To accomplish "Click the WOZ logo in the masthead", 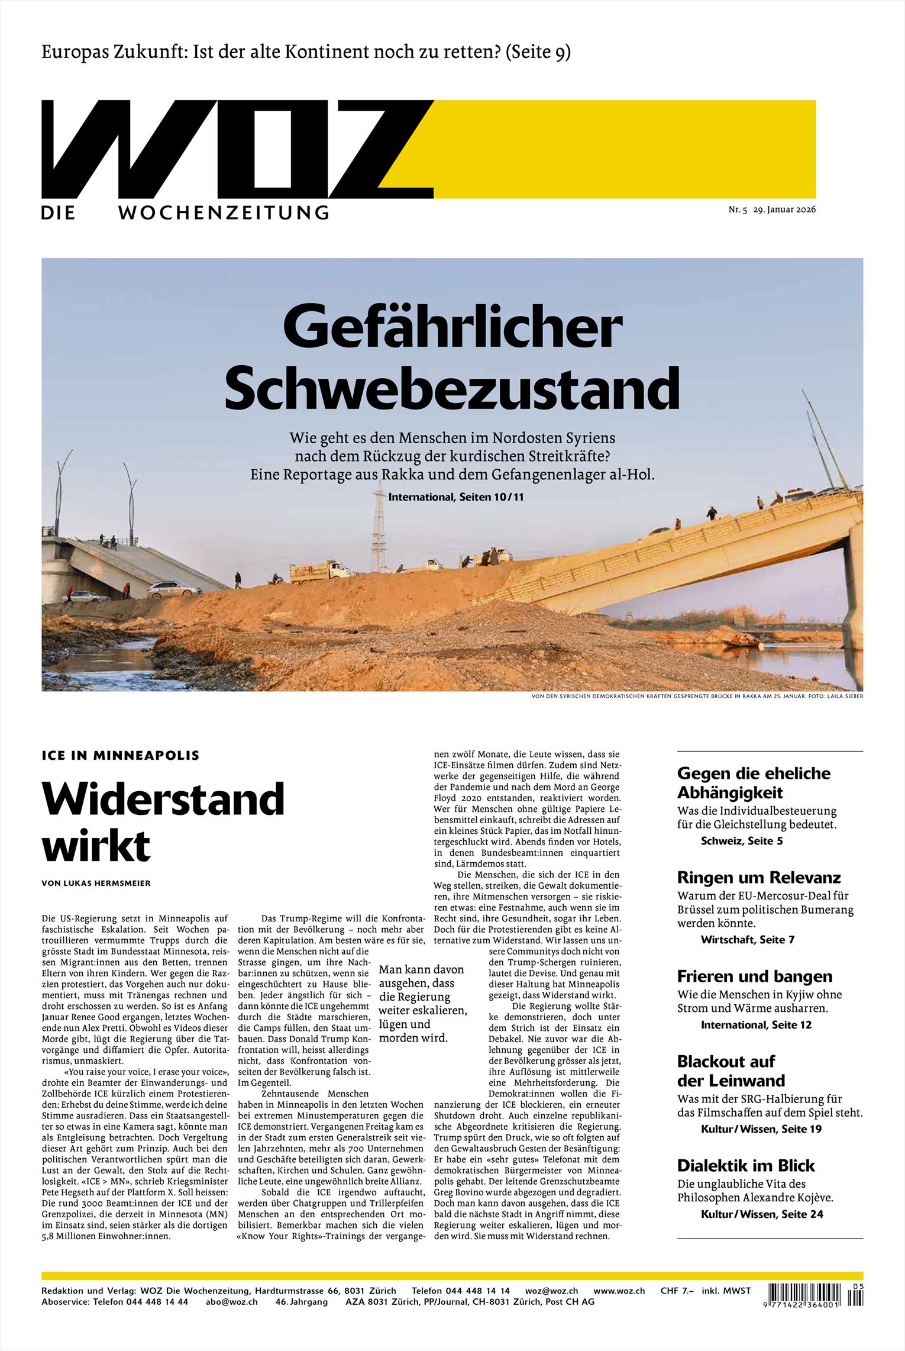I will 237,149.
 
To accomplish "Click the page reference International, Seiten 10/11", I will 456,497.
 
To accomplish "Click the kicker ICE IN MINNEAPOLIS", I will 121,755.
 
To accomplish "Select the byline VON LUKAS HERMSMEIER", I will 96,884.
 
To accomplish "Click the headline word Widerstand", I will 163,798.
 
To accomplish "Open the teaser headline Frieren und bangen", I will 754,976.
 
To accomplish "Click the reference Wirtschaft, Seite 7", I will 747,939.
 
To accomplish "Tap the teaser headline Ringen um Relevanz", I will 759,877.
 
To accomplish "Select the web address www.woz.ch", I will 619,1291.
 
